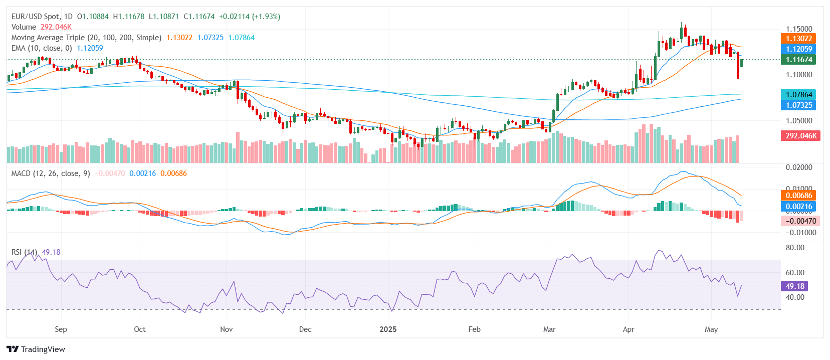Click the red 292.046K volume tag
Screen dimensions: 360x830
800,136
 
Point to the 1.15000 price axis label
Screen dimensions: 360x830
799,29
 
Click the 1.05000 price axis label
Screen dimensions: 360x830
799,121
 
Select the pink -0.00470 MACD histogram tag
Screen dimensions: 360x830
800,221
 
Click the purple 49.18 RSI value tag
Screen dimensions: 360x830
794,286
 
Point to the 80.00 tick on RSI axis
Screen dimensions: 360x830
795,248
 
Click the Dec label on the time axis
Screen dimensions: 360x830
305,329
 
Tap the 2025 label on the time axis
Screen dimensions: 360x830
388,329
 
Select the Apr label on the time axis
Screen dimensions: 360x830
628,329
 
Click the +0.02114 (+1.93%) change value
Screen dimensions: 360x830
250,17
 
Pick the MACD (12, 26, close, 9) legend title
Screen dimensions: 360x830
51,173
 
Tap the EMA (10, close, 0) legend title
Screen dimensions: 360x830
42,48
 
